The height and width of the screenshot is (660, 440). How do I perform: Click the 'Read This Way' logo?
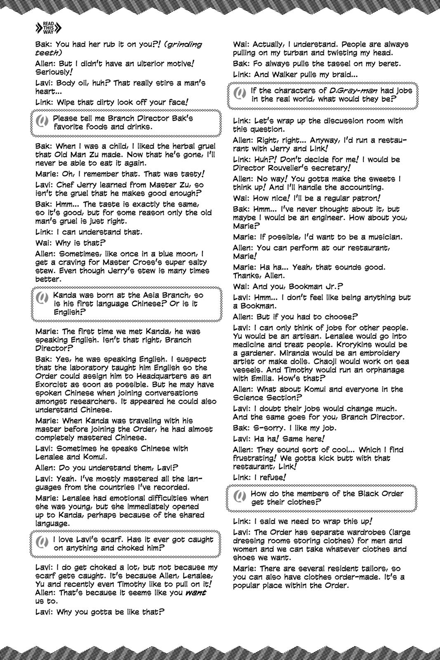click(49, 28)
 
